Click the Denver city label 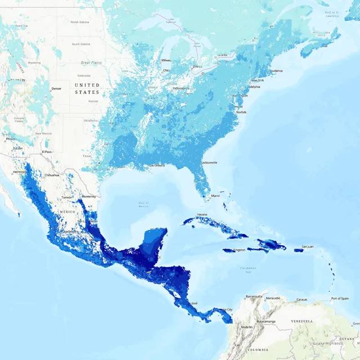[x=56, y=89]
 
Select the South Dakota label [x=82, y=44]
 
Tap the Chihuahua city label [x=52, y=175]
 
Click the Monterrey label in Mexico [x=89, y=197]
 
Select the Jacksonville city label [x=209, y=163]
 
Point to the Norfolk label [x=240, y=112]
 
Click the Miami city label [x=215, y=196]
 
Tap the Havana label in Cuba [x=202, y=214]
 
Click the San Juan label [x=308, y=246]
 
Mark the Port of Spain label [x=340, y=298]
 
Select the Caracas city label [x=303, y=299]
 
